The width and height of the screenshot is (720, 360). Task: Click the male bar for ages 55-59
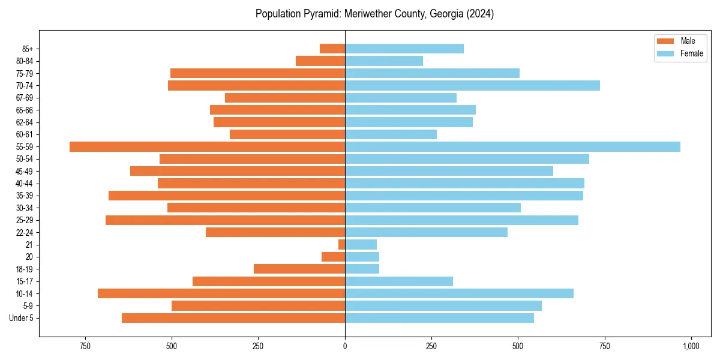coord(207,146)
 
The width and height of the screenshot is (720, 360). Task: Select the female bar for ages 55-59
coord(512,146)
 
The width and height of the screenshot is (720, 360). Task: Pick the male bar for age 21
coord(341,244)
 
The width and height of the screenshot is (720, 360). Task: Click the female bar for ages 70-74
coord(472,85)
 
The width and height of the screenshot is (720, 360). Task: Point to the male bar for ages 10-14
coord(221,293)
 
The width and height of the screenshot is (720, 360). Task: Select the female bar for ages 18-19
coord(362,269)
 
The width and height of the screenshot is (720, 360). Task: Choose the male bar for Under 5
coord(233,318)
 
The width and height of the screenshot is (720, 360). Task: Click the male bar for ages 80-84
coord(320,61)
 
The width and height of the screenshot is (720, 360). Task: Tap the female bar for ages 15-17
coord(399,281)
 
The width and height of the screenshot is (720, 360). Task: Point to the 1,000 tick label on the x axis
coord(691,346)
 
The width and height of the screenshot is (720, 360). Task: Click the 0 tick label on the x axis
coord(345,346)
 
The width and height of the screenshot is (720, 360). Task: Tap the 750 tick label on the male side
coord(85,346)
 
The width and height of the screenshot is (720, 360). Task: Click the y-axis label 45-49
coord(24,171)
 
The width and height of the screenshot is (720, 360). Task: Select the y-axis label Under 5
coord(22,318)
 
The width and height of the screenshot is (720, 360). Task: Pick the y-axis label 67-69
coord(24,98)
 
